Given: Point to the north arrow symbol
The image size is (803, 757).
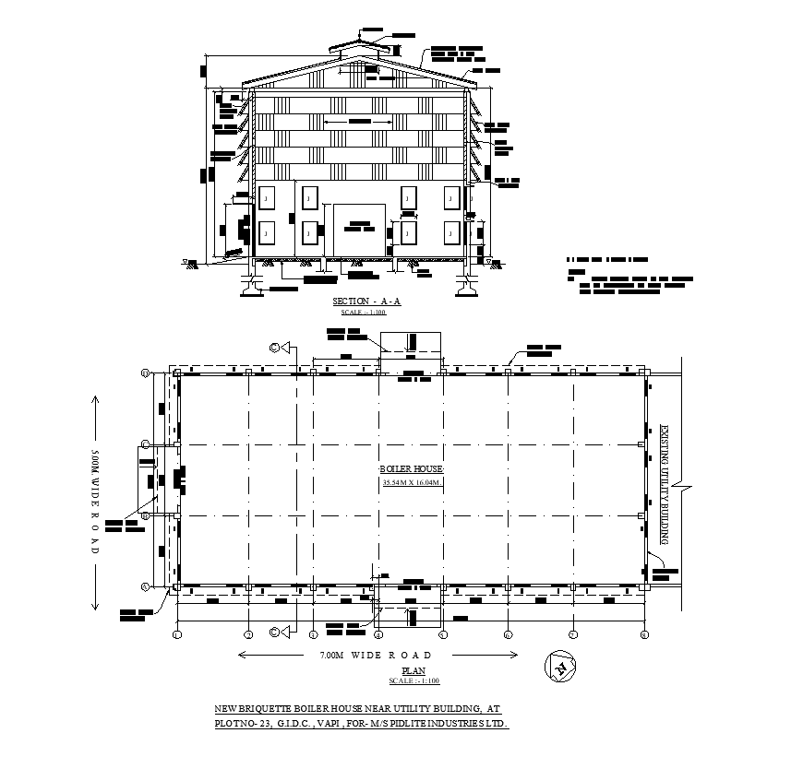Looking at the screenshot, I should pyautogui.click(x=558, y=666).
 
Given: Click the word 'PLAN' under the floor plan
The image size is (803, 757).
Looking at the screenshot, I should pyautogui.click(x=413, y=670).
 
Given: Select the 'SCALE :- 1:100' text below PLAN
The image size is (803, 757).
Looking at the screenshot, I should pyautogui.click(x=413, y=680).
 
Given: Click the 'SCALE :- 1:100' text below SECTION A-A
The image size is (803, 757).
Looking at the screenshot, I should pyautogui.click(x=364, y=313).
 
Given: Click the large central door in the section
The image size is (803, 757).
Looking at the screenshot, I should pyautogui.click(x=359, y=231).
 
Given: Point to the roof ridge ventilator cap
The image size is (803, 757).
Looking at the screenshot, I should pyautogui.click(x=359, y=45).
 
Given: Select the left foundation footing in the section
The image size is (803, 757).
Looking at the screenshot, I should pyautogui.click(x=250, y=285).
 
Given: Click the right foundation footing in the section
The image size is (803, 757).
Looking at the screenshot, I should pyautogui.click(x=466, y=285).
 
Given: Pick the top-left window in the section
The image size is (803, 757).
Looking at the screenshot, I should pyautogui.click(x=267, y=197).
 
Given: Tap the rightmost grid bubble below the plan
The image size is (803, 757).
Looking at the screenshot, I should pyautogui.click(x=643, y=634).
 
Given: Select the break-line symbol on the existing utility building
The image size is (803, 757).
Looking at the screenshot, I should pyautogui.click(x=680, y=483).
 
